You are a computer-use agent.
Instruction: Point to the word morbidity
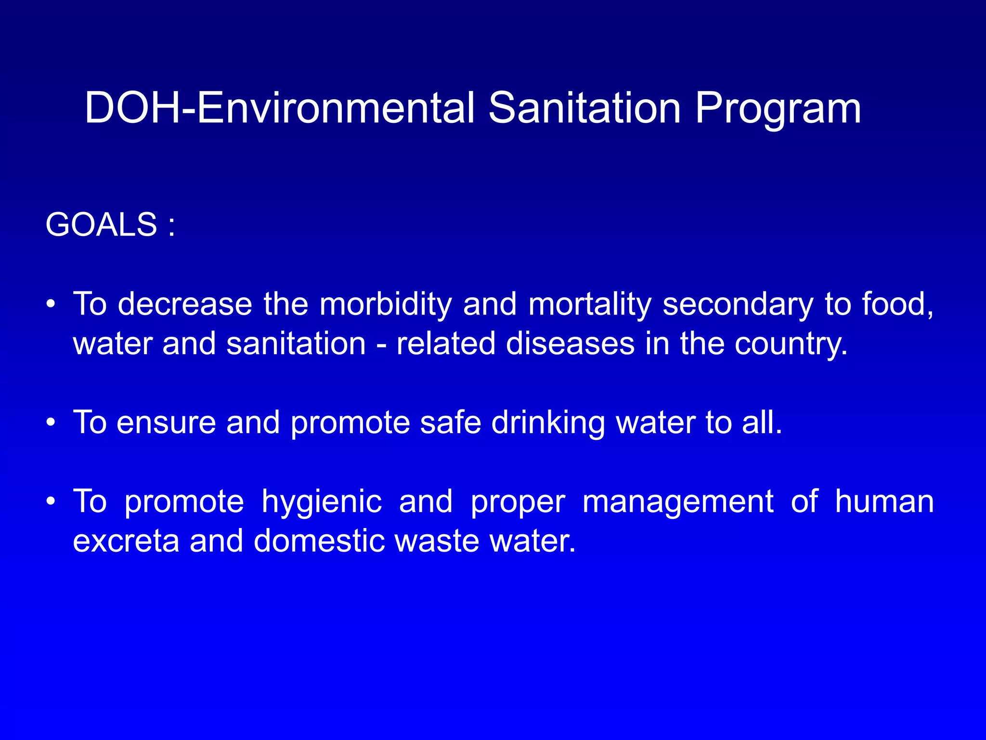pos(386,305)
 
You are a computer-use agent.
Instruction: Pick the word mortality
pos(590,305)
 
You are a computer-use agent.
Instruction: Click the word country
pos(790,344)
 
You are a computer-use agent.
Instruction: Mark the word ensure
pos(166,423)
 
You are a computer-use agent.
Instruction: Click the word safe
pos(450,423)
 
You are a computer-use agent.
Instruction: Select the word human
pos(884,502)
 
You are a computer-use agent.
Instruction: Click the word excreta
pos(126,541)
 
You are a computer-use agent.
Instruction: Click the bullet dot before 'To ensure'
pos(51,423)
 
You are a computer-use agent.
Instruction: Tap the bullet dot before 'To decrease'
pos(51,305)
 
